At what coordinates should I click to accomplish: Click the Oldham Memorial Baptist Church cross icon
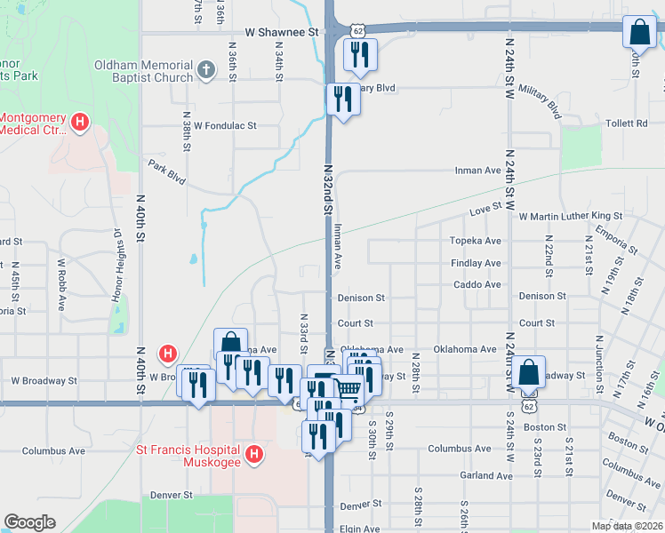pos(205,69)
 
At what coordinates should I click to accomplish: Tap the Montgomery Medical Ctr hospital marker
pos(80,122)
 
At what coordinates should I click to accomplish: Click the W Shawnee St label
pos(281,32)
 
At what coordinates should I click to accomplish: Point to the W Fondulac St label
pos(225,126)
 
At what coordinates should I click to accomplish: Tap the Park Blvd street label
pos(167,171)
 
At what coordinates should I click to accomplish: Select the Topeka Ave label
pos(476,241)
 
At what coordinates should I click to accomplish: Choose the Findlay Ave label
pos(476,263)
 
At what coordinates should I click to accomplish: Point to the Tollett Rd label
pos(626,123)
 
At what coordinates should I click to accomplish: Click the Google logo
pos(29,522)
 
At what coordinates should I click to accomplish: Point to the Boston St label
pos(546,426)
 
